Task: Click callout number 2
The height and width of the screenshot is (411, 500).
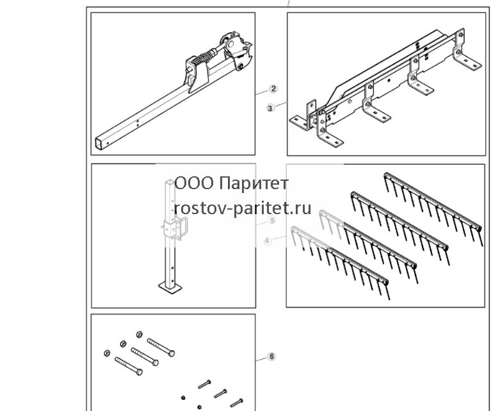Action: pyautogui.click(x=273, y=88)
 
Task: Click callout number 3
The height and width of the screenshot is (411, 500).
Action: pyautogui.click(x=270, y=108)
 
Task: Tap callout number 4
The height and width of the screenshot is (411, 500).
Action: pyautogui.click(x=267, y=241)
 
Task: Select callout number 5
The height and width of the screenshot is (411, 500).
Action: pyautogui.click(x=272, y=221)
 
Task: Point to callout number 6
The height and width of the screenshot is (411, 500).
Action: pyautogui.click(x=271, y=356)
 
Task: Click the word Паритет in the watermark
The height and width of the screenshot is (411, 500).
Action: pyautogui.click(x=254, y=183)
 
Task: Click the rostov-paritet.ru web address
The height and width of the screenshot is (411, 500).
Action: pyautogui.click(x=243, y=208)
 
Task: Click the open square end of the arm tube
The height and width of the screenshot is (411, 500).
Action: pyautogui.click(x=100, y=143)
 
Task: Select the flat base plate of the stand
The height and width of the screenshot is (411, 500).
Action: pyautogui.click(x=170, y=287)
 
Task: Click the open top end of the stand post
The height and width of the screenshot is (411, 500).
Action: pyautogui.click(x=170, y=183)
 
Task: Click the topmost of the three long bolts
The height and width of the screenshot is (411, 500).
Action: pyautogui.click(x=161, y=347)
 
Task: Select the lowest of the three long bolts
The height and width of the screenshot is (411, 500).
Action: pyautogui.click(x=129, y=366)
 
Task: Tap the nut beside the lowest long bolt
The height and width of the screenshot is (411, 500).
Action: pyautogui.click(x=107, y=353)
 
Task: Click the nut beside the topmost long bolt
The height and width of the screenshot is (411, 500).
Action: pyautogui.click(x=139, y=334)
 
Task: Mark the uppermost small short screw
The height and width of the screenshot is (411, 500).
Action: pyautogui.click(x=204, y=384)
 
